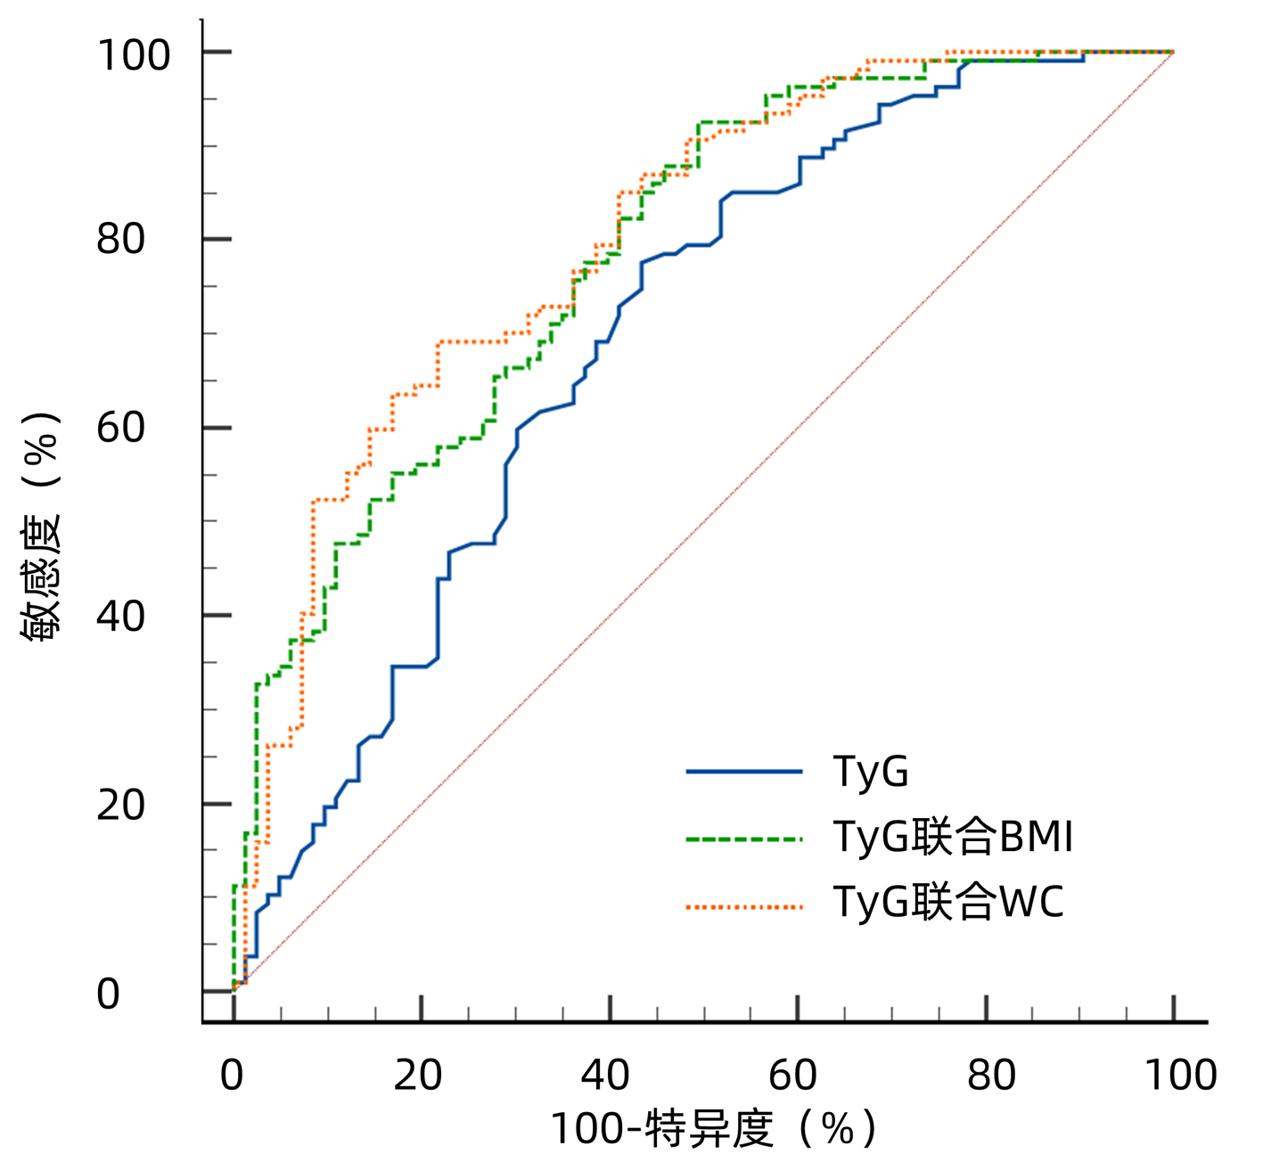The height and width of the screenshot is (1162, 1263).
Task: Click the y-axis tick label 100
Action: tap(133, 55)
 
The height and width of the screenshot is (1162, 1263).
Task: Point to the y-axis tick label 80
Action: tap(120, 239)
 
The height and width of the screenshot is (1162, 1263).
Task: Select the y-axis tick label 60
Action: tap(120, 428)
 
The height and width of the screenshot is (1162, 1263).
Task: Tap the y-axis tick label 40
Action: tap(120, 616)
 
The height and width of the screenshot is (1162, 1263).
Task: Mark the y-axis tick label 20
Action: tap(120, 805)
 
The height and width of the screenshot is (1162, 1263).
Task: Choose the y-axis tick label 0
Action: tap(108, 994)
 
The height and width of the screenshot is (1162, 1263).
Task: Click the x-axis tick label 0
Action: tap(232, 1076)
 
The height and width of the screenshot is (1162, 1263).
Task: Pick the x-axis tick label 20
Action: tap(418, 1076)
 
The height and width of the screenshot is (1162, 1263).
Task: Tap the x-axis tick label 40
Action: tap(606, 1076)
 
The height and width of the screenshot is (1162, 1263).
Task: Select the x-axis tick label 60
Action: tap(793, 1076)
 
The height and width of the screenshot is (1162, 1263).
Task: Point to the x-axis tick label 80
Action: tap(991, 1076)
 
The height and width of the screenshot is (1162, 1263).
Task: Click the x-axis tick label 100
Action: tap(1180, 1076)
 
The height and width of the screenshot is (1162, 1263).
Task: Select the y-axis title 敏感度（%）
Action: tap(41, 526)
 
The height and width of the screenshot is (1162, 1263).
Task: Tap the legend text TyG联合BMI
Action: tap(952, 837)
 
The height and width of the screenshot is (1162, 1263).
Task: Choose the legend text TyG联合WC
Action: tap(947, 902)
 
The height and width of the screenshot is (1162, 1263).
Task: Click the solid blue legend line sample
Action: tap(744, 772)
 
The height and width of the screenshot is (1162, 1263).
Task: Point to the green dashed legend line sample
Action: tap(744, 839)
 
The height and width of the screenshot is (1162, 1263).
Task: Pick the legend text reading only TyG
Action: tap(870, 772)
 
